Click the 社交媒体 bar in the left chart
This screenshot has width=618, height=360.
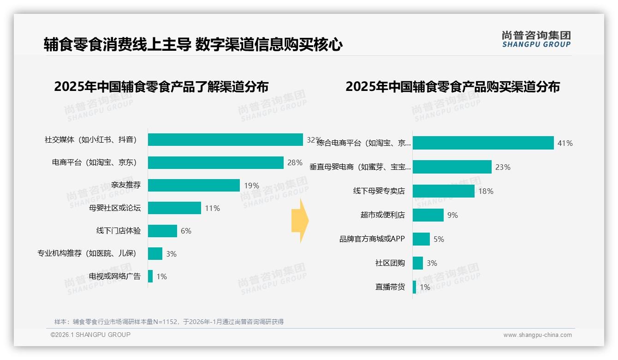[x=225, y=140]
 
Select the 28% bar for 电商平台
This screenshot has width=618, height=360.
[x=215, y=162]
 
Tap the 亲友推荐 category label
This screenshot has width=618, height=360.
[x=126, y=186]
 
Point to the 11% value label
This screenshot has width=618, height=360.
[x=212, y=208]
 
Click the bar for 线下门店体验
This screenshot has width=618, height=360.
[x=162, y=231]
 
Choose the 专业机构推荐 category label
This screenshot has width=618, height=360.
[x=87, y=254]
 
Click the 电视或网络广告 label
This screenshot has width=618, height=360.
[x=115, y=276]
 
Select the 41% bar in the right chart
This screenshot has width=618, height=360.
[x=483, y=143]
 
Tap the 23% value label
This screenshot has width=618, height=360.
[x=503, y=167]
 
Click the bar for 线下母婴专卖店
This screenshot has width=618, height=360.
[x=443, y=191]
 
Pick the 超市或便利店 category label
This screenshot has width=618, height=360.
[x=382, y=215]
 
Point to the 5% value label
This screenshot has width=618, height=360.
[x=439, y=239]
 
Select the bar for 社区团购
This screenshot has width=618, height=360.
[x=417, y=263]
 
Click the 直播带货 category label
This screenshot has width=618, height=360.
[x=390, y=287]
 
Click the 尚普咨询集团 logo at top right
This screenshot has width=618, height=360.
[x=536, y=39]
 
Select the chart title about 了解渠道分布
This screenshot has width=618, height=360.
[x=161, y=87]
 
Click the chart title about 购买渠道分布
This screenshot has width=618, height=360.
[x=452, y=87]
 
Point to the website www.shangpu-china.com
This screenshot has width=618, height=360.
[x=537, y=335]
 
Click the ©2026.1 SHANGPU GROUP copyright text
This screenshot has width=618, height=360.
[x=90, y=335]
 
